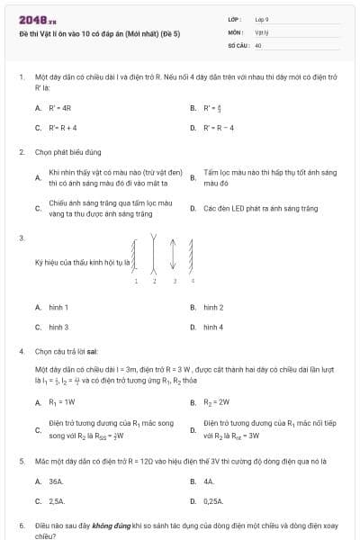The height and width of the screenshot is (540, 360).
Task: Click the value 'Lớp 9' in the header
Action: pos(262,19)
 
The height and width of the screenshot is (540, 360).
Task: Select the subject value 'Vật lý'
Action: pos(262,31)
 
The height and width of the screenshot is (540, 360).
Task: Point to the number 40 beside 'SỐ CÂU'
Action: pos(258,44)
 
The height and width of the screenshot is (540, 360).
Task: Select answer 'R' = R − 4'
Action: pos(219,128)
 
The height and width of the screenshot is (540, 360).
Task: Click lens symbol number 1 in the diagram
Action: pos(135,255)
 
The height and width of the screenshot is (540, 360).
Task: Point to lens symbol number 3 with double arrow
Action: pos(173,255)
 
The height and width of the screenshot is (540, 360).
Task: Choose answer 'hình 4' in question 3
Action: pos(213,328)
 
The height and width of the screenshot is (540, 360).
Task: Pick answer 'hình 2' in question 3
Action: pos(213,308)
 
